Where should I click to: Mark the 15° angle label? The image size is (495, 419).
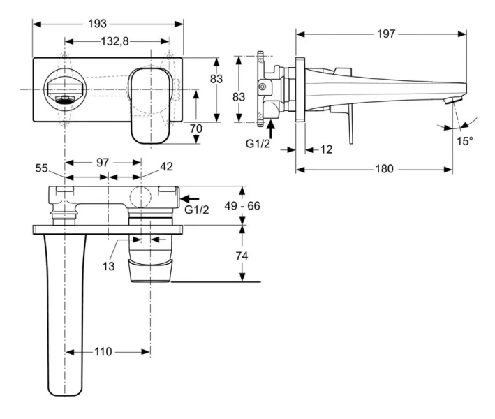click(x=465, y=140)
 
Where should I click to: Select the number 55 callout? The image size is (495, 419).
click(x=42, y=167)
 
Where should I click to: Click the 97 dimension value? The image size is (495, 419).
click(x=103, y=162)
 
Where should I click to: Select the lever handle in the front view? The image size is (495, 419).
click(x=149, y=103)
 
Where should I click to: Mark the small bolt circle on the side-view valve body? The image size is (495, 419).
click(x=263, y=87)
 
